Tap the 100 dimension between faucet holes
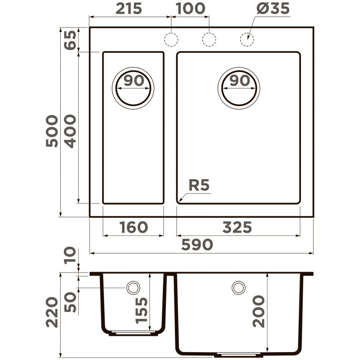190,8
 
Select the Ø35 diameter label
273,8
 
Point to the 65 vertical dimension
71,40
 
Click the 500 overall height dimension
53,131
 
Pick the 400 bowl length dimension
71,131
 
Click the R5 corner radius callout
199,185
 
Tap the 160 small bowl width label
133,227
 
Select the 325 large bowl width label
237,227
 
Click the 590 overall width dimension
197,245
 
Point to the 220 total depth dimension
53,312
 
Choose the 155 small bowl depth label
142,310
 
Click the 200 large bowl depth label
259,311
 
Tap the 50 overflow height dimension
71,302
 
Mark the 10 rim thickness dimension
71,256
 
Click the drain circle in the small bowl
133,87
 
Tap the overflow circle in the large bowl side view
239,287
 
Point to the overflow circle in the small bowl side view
133,287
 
